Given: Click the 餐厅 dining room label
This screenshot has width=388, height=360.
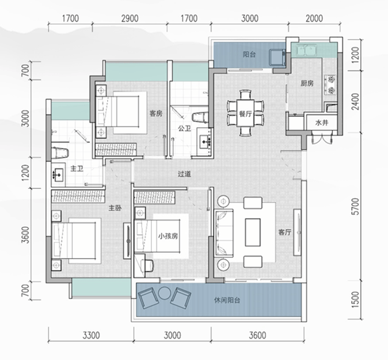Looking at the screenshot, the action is click(245, 114).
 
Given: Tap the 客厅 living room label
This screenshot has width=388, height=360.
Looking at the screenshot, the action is click(284, 232).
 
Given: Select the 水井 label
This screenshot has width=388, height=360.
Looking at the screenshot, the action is click(322, 123).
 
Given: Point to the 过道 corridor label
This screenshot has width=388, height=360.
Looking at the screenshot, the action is click(184, 174).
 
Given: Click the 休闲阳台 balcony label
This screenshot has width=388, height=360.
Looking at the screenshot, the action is click(227, 301).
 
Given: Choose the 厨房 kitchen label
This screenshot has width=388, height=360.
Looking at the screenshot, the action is click(307, 84).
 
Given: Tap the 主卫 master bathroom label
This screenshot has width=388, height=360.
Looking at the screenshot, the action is click(77, 169).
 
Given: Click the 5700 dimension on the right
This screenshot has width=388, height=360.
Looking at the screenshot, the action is click(356, 206).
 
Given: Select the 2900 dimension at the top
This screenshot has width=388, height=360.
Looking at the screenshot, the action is click(130, 18).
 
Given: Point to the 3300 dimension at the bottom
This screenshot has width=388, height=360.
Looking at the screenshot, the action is click(91, 335).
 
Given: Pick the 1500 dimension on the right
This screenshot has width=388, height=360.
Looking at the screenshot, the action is click(356, 300).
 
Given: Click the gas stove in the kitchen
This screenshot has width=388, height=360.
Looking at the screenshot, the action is click(330, 85).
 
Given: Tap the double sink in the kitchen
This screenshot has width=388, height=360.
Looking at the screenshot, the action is click(304, 50).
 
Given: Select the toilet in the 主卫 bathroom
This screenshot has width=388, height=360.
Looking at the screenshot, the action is click(60, 152).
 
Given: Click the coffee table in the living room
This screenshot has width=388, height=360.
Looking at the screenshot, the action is click(253, 232).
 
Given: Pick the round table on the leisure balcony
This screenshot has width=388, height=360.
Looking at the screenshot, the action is click(163, 293).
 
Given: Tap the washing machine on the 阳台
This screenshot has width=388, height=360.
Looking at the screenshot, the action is click(277, 57).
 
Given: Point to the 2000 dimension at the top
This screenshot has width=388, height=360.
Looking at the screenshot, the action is click(314, 18).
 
